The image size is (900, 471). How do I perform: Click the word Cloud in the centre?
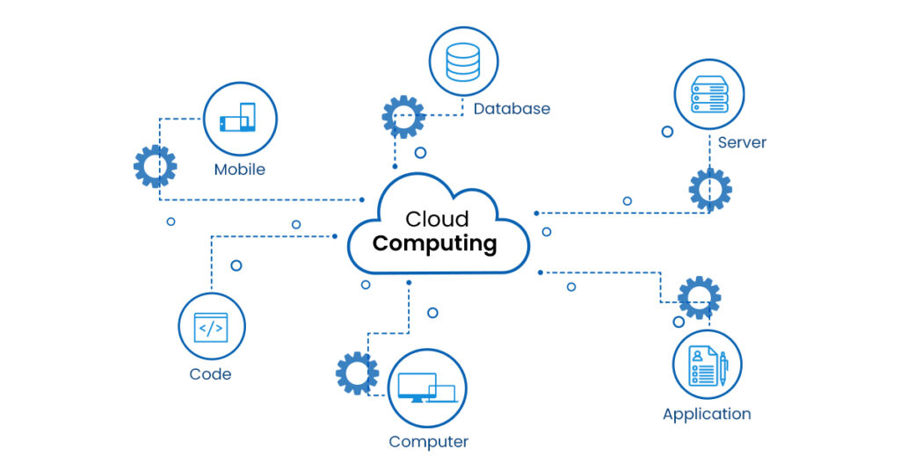pyautogui.click(x=437, y=219)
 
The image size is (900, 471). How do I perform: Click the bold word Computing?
pyautogui.click(x=434, y=243)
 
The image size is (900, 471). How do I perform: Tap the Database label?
pyautogui.click(x=512, y=109)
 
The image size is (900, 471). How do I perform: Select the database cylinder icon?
pyautogui.click(x=463, y=62)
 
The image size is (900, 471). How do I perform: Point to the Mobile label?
pyautogui.click(x=239, y=170)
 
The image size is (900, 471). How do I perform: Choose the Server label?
pyautogui.click(x=742, y=142)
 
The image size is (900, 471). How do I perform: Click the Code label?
pyautogui.click(x=210, y=374)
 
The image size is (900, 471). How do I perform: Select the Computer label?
pyautogui.click(x=429, y=442)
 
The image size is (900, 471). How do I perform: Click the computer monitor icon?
pyautogui.click(x=427, y=388)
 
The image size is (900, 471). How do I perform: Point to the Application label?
pyautogui.click(x=707, y=414)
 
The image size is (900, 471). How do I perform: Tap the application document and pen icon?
pyautogui.click(x=708, y=365)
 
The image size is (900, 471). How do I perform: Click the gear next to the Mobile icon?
pyautogui.click(x=156, y=166)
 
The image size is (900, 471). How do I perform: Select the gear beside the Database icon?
pyautogui.click(x=403, y=117)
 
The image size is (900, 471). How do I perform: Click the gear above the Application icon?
pyautogui.click(x=700, y=297)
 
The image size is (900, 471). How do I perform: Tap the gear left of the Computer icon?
pyautogui.click(x=357, y=373)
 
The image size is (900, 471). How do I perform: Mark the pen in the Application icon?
pyautogui.click(x=723, y=368)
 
